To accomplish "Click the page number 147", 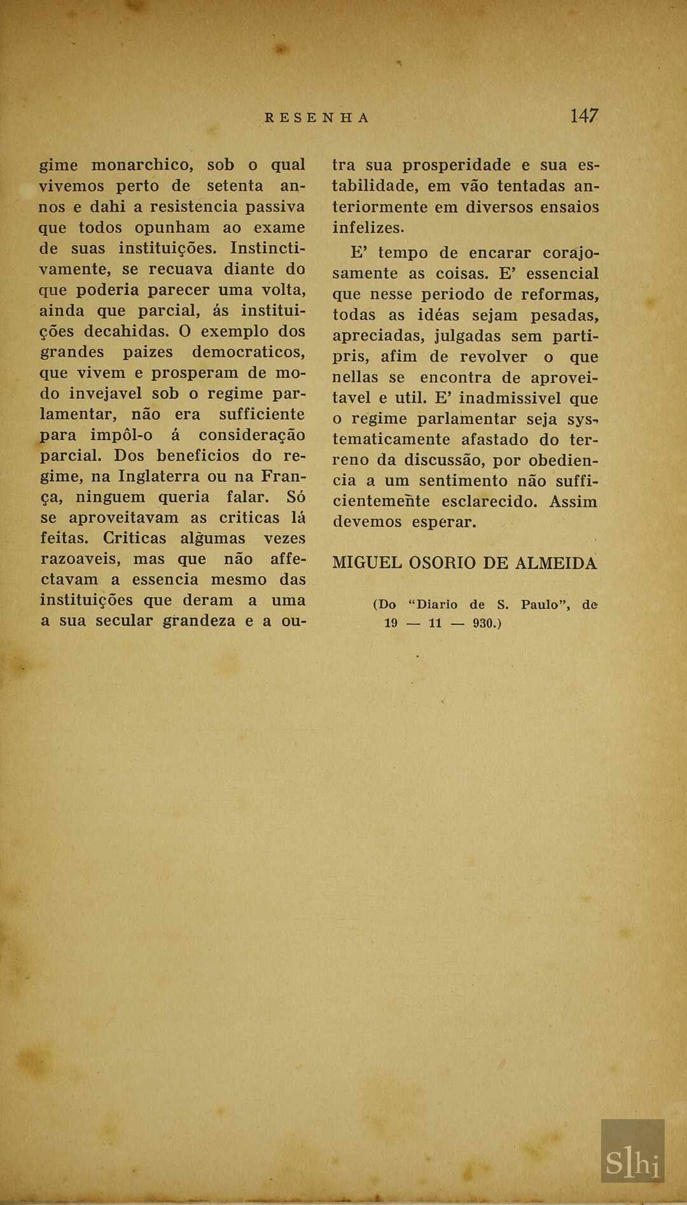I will click(x=584, y=116).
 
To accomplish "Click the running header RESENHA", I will click(x=317, y=118).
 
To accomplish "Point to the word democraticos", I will click(x=249, y=352).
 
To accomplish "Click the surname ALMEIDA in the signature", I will click(x=556, y=563).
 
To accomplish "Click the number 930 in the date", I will click(x=486, y=623).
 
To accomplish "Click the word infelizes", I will click(x=368, y=228).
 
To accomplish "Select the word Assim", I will click(x=573, y=502).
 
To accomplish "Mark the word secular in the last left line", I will click(x=123, y=621).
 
